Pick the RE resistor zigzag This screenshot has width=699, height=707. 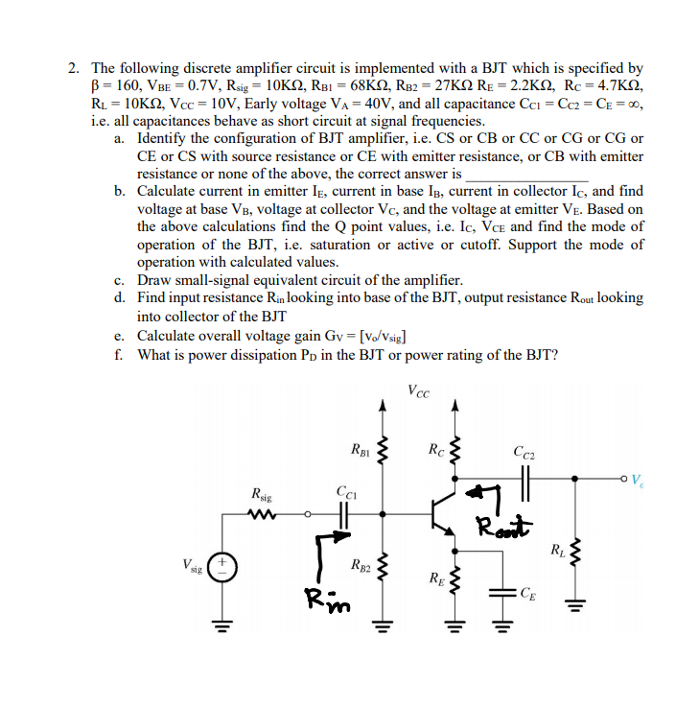[456, 578]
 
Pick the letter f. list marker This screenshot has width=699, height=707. [118, 355]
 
